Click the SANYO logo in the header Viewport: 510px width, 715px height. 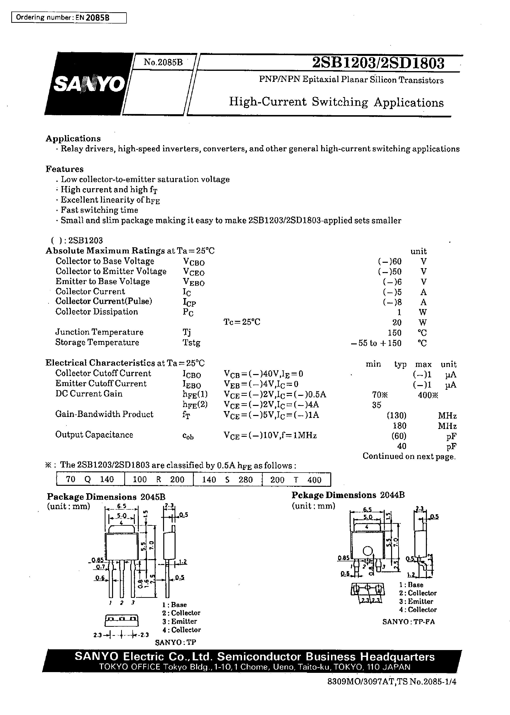[89, 84]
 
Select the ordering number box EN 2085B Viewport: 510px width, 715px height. [69, 18]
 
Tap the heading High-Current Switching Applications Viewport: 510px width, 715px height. [336, 102]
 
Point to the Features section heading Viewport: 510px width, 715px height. [65, 169]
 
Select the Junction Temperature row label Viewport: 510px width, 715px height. [99, 332]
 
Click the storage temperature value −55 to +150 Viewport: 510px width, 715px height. [376, 343]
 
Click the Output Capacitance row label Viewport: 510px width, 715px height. [94, 435]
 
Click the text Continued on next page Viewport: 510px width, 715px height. [409, 456]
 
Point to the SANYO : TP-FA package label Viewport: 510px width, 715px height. [408, 622]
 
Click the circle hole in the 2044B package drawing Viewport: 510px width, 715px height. [368, 552]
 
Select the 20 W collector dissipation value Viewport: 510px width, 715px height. [397, 322]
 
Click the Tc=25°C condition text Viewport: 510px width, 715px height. [242, 322]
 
